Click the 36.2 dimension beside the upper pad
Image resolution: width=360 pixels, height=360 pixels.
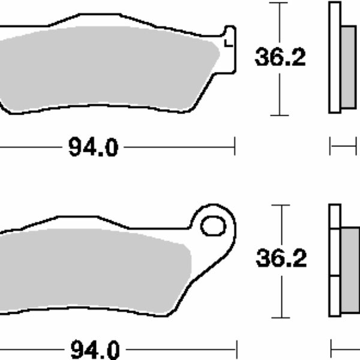click(x=280, y=58)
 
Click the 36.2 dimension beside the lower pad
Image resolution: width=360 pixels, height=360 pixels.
click(x=281, y=259)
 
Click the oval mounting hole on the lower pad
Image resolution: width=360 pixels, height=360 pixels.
click(x=212, y=226)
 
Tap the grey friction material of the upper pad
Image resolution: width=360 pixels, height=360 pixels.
click(x=108, y=69)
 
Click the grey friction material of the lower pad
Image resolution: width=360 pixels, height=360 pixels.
click(x=96, y=267)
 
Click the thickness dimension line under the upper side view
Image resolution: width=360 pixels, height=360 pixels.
click(x=345, y=146)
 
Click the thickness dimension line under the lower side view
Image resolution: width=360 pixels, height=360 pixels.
click(x=345, y=347)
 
